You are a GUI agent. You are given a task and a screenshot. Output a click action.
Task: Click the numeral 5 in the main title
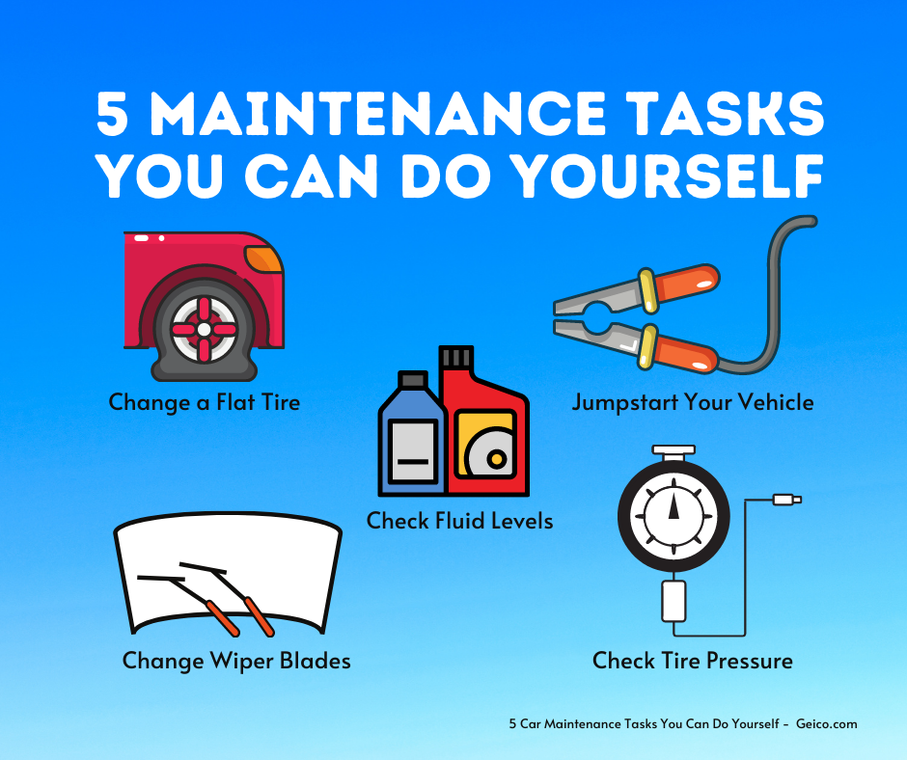112,114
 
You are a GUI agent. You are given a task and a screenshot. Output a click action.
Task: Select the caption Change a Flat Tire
205,402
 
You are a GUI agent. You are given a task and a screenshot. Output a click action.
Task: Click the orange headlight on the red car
263,258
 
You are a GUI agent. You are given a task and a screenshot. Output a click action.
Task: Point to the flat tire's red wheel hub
204,329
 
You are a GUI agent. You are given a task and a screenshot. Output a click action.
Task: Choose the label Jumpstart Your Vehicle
693,402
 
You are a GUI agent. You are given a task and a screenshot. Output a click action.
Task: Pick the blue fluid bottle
412,434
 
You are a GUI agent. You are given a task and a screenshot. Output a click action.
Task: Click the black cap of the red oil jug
456,357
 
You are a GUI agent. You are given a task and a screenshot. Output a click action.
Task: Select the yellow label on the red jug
484,444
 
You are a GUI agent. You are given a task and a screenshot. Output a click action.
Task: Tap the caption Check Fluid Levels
460,521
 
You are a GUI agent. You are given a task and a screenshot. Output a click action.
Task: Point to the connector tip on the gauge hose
787,500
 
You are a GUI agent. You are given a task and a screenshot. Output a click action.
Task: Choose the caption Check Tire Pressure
693,661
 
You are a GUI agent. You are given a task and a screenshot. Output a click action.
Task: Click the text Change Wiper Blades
236,661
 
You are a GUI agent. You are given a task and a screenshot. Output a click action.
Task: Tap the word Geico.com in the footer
827,723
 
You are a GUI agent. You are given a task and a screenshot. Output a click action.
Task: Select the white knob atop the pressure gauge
673,450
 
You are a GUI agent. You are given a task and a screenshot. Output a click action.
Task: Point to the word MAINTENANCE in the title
377,114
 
